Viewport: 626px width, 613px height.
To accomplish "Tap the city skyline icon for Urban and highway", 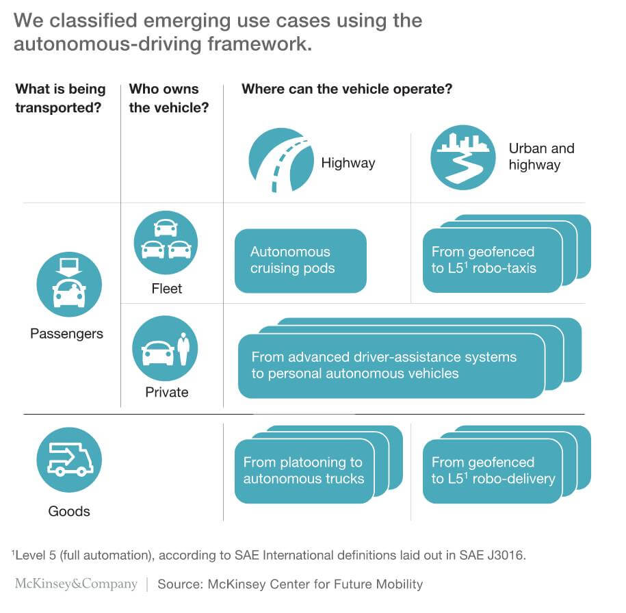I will [x=462, y=157].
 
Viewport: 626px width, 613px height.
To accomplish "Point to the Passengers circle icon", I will [x=68, y=285].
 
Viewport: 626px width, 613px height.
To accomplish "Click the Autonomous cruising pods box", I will [x=300, y=261].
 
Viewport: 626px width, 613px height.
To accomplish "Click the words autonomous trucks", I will [x=304, y=479].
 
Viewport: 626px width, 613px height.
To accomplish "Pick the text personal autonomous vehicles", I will [x=355, y=374].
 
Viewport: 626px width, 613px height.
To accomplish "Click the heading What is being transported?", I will [x=60, y=99].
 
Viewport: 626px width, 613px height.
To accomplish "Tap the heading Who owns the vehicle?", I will [x=168, y=99].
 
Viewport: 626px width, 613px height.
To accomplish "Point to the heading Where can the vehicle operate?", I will [x=347, y=90].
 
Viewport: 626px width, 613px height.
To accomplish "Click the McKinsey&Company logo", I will [x=76, y=584].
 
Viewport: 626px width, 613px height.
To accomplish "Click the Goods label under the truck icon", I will [x=68, y=511].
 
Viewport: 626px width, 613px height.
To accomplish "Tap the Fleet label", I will [x=166, y=289].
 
